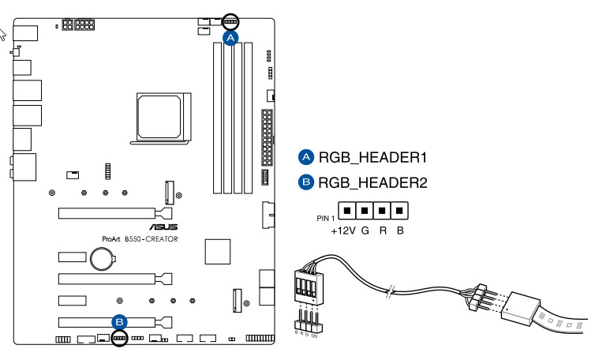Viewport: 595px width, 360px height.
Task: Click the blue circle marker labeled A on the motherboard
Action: (x=230, y=37)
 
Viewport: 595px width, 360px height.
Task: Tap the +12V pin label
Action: (x=343, y=232)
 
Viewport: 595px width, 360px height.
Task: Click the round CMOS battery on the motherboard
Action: (x=101, y=258)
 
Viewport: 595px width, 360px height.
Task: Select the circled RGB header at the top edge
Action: (x=230, y=21)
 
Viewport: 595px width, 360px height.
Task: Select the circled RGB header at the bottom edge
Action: (x=119, y=338)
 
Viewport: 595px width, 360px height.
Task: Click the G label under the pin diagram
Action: (x=365, y=232)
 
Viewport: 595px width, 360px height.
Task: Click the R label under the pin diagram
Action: (x=384, y=232)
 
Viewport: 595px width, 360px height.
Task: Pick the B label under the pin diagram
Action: (x=400, y=232)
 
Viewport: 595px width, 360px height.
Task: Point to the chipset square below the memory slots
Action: (x=216, y=250)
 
